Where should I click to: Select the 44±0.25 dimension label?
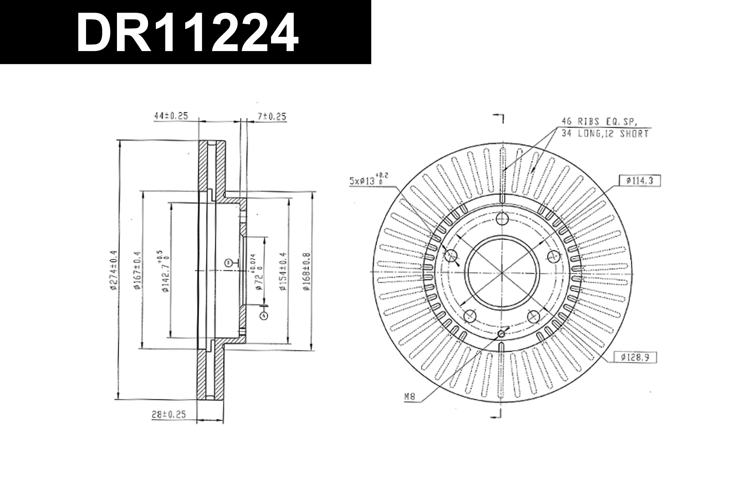point(171,116)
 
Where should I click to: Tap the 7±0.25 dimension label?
point(272,117)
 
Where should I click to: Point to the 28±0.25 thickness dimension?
point(169,415)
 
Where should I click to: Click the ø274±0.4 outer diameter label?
point(114,271)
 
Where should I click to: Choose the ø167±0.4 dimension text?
point(136,271)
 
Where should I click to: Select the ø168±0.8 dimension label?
point(306,271)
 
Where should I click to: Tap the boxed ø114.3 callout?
point(640,181)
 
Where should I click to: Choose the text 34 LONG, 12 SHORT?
point(605,134)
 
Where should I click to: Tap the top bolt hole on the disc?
point(502,219)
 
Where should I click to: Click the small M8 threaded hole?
point(501,334)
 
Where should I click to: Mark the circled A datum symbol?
point(264,316)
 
